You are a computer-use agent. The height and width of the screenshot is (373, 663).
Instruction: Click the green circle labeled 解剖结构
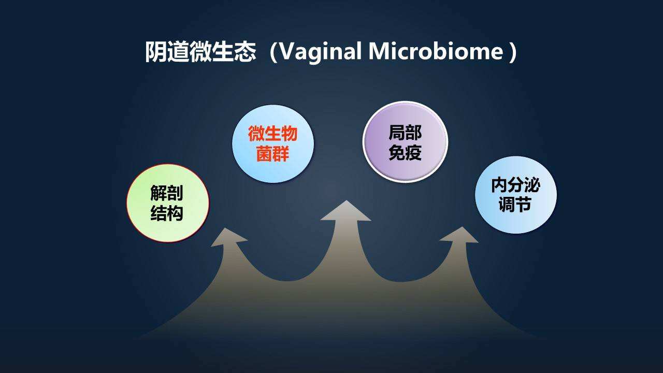pos(167,203)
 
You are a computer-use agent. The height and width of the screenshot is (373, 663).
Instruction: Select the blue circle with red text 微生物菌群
pos(272,144)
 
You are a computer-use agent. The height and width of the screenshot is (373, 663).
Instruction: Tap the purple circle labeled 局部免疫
pos(405,142)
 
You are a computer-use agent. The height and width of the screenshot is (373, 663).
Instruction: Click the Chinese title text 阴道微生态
pos(200,52)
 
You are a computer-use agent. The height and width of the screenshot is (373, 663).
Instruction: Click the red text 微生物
pos(272,134)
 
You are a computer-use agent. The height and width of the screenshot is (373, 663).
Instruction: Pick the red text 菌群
pos(272,154)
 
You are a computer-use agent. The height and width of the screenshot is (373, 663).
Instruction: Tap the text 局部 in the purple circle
pos(405,133)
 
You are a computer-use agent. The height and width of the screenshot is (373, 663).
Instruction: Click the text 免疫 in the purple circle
pos(405,152)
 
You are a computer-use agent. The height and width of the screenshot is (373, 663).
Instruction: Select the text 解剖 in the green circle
pos(167,193)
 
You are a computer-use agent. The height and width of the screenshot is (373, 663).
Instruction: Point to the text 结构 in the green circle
pos(167,213)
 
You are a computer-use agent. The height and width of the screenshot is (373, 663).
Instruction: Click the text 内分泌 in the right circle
pos(515,185)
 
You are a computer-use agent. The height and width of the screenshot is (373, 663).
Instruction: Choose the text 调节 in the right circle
pos(515,205)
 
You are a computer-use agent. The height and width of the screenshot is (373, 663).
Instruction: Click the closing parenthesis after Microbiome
pos(512,52)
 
